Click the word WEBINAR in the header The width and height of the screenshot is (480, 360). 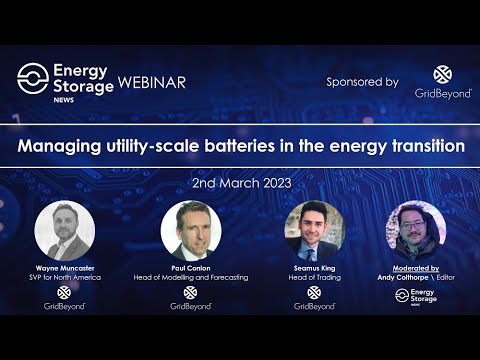tap(152, 82)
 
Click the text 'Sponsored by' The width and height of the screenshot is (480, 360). tap(362, 82)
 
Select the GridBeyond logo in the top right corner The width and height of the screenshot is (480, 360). tap(443, 82)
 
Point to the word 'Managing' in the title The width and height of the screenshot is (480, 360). tap(54, 146)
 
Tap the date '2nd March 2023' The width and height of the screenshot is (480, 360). tap(240, 184)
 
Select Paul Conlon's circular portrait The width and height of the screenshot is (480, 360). tap(190, 231)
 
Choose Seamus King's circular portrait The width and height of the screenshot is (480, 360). tap(313, 231)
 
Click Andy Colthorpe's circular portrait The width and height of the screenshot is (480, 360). tap(415, 231)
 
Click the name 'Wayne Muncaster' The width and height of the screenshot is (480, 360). tap(64, 268)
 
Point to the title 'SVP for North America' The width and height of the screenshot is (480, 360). tap(64, 277)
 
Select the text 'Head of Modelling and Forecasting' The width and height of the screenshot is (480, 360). tap(190, 277)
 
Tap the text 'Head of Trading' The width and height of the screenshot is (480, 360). tap(313, 277)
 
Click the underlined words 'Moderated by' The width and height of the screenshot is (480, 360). tap(415, 268)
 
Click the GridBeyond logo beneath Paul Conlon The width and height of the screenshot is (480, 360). tap(190, 298)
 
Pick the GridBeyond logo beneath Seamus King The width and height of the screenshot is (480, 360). tap(313, 298)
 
